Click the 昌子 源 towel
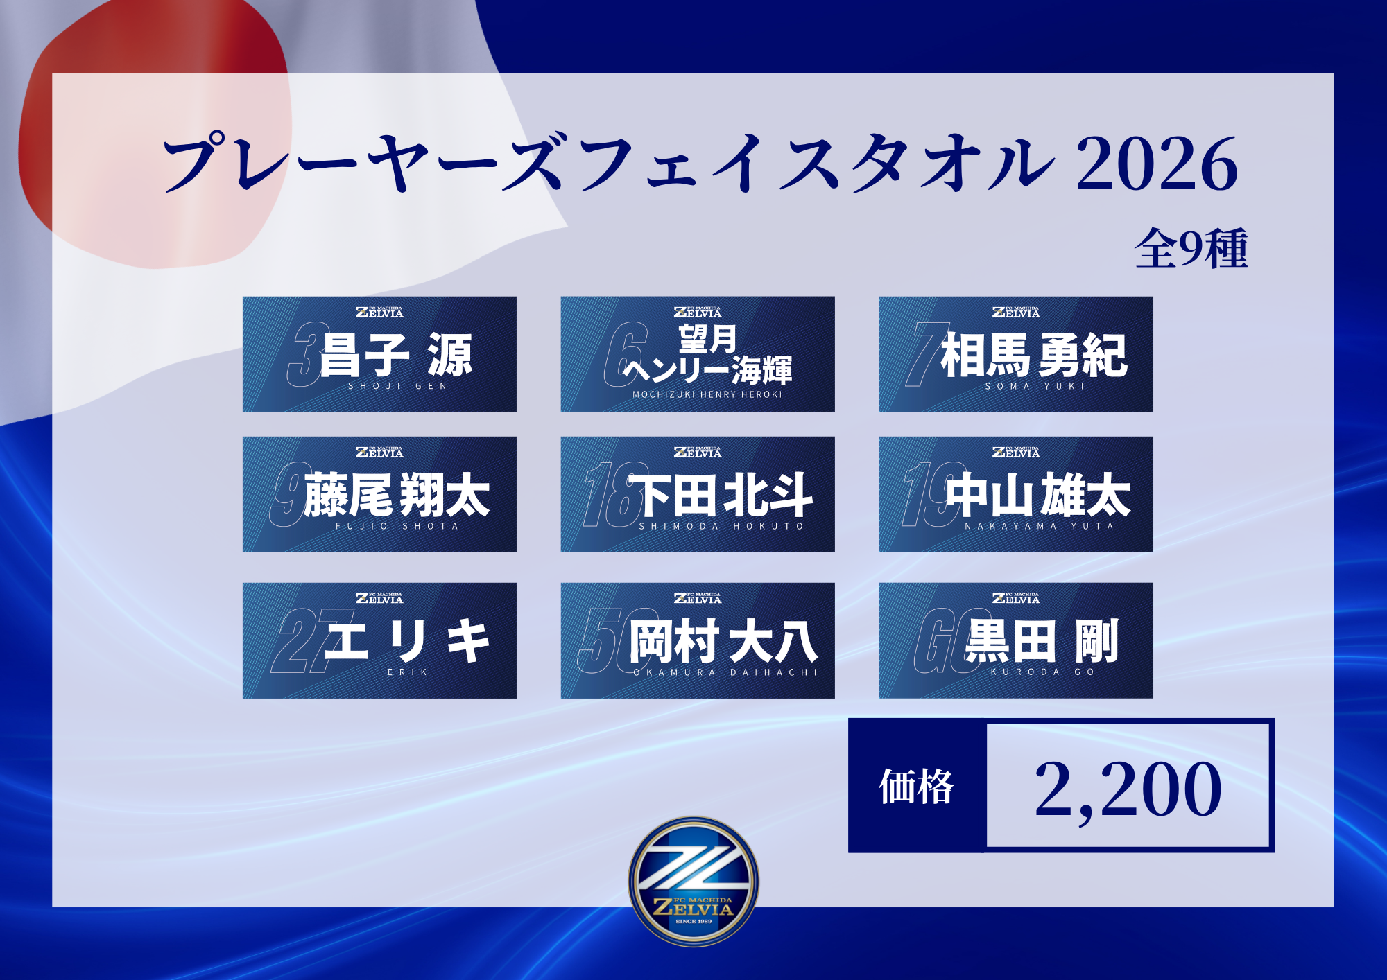[379, 354]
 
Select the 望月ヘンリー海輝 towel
[698, 354]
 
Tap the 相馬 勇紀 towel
[1016, 354]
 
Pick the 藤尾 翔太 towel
[379, 494]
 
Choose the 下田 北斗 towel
[698, 494]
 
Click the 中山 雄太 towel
[1016, 494]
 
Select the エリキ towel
[379, 640]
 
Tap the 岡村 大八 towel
[698, 640]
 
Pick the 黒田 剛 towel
[1016, 640]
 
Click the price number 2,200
[1128, 789]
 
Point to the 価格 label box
[917, 785]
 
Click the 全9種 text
[1191, 249]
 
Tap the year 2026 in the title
[1157, 164]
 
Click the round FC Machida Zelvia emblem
[693, 881]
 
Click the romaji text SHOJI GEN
[397, 386]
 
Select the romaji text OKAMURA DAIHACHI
[725, 672]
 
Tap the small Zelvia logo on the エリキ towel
[379, 597]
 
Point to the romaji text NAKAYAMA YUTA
[1039, 526]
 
